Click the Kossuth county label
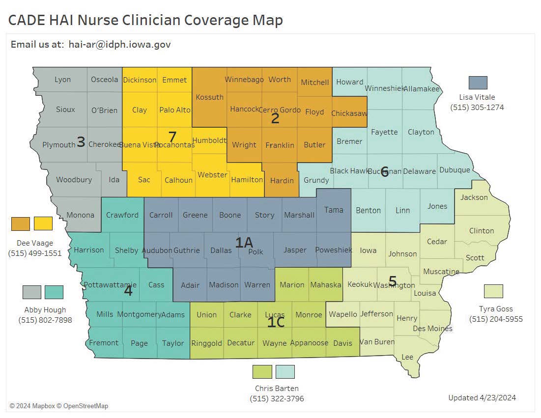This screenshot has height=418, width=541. (x=209, y=97)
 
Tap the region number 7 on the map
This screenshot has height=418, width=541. (x=172, y=136)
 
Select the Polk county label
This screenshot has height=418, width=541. (x=256, y=251)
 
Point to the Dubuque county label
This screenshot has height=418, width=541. (x=455, y=170)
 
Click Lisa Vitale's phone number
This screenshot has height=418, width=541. (x=477, y=107)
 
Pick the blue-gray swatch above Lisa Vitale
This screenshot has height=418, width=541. (x=478, y=83)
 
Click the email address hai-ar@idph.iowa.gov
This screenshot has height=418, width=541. (x=119, y=44)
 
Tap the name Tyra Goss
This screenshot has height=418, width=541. (x=495, y=309)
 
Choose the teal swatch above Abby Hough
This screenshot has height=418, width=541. (x=54, y=292)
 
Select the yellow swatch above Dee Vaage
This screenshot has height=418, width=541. (x=43, y=223)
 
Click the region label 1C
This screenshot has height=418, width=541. (x=276, y=322)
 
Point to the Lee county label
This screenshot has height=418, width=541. (x=407, y=357)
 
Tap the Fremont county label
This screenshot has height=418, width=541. (x=104, y=343)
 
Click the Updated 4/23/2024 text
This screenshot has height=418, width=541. (x=482, y=397)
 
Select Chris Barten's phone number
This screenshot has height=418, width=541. (x=276, y=398)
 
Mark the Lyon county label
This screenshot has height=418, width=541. (x=62, y=80)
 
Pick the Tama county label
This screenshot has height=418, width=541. (x=334, y=210)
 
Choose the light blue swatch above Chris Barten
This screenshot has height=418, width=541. (x=285, y=372)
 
